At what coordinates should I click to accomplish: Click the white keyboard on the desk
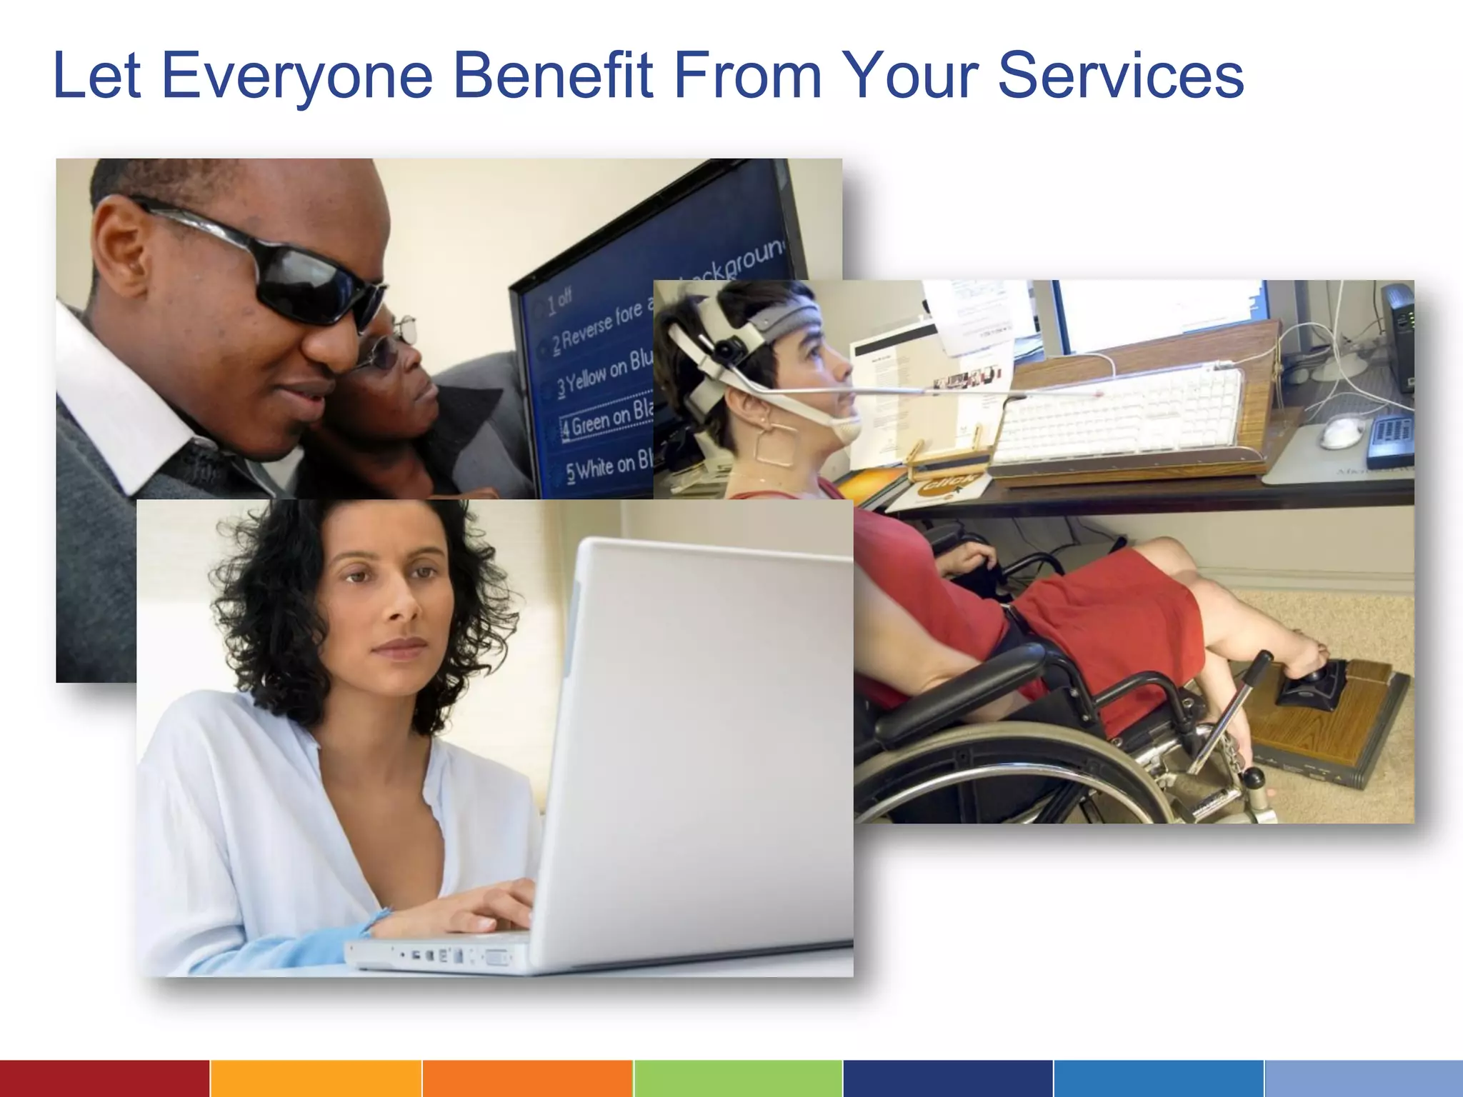(1122, 414)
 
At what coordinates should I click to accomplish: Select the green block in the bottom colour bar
(737, 1078)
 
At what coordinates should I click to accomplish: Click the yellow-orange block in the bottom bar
(316, 1078)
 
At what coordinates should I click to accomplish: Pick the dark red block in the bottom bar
(104, 1078)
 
